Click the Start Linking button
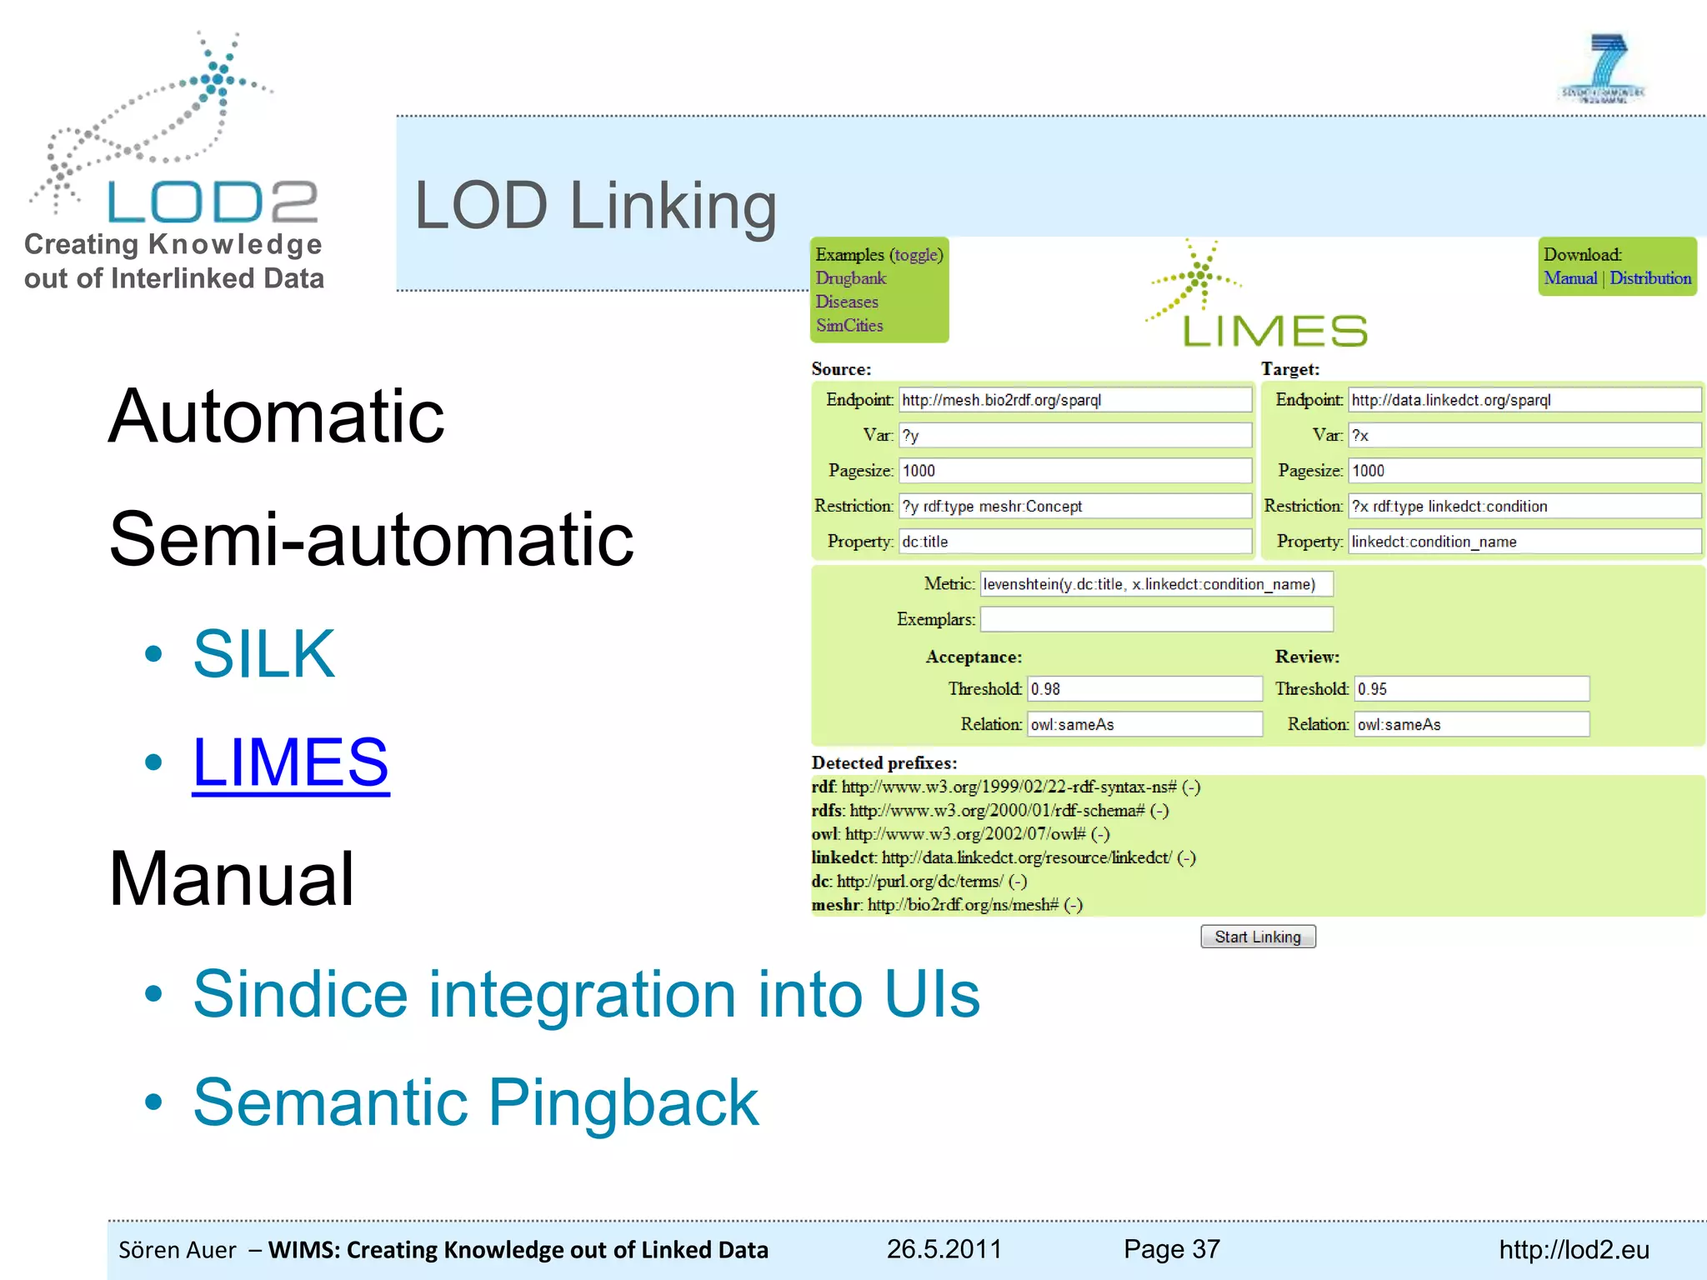pyautogui.click(x=1258, y=937)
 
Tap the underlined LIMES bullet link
pyautogui.click(x=290, y=762)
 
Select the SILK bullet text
pyautogui.click(x=263, y=654)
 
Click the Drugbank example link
pyautogui.click(x=850, y=278)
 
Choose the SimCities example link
pyautogui.click(x=848, y=326)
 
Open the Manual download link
pyautogui.click(x=1569, y=278)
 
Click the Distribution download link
pyautogui.click(x=1650, y=278)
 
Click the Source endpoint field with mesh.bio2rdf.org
pyautogui.click(x=1074, y=400)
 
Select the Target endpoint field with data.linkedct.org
pyautogui.click(x=1524, y=400)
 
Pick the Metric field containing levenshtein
pyautogui.click(x=1156, y=584)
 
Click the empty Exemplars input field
pyautogui.click(x=1156, y=619)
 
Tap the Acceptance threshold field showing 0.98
pyautogui.click(x=1144, y=689)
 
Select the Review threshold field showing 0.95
pyautogui.click(x=1471, y=689)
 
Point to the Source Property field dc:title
pyautogui.click(x=1074, y=542)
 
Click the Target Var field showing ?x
pyautogui.click(x=1524, y=435)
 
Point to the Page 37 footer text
pyautogui.click(x=1171, y=1249)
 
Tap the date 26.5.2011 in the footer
pyautogui.click(x=944, y=1249)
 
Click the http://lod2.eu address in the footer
pyautogui.click(x=1574, y=1250)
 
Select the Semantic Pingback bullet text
pyautogui.click(x=475, y=1102)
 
